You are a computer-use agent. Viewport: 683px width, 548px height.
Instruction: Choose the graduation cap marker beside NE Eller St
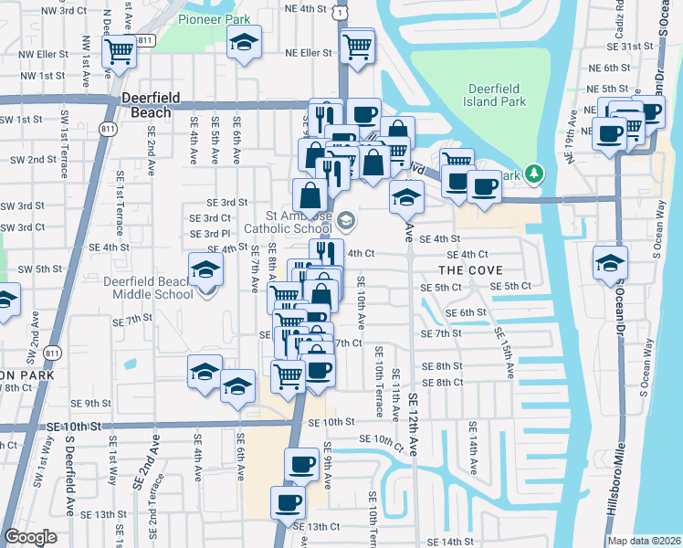click(x=244, y=43)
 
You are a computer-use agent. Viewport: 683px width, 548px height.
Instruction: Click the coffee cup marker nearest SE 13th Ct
click(x=288, y=502)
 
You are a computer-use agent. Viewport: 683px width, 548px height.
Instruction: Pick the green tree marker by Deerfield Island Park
click(x=538, y=173)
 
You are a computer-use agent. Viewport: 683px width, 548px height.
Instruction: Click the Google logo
click(x=30, y=537)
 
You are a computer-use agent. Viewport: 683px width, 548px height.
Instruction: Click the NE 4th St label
click(x=305, y=8)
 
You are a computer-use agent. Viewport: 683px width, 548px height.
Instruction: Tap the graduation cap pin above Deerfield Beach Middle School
click(x=206, y=269)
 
